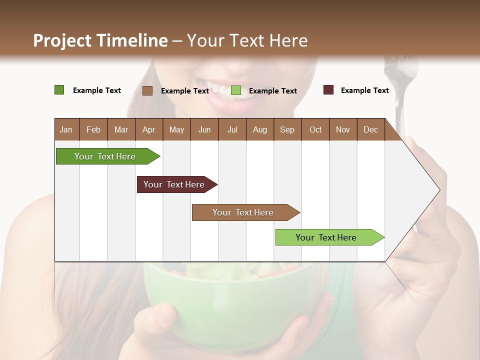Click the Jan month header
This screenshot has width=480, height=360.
pyautogui.click(x=66, y=129)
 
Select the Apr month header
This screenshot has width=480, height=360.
pyautogui.click(x=149, y=129)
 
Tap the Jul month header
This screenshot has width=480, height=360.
pyautogui.click(x=232, y=129)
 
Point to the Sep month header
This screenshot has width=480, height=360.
pyautogui.click(x=287, y=129)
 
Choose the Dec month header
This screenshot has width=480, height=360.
pyautogui.click(x=370, y=129)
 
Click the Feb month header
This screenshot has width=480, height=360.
pyautogui.click(x=93, y=129)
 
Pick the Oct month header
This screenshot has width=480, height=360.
pyautogui.click(x=315, y=129)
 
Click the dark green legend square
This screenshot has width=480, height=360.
pyautogui.click(x=59, y=90)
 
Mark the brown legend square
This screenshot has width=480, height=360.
pyautogui.click(x=147, y=90)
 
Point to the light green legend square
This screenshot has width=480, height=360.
pyautogui.click(x=236, y=90)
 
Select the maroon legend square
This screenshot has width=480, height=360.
pyautogui.click(x=328, y=90)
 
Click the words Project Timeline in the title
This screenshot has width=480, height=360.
pyautogui.click(x=100, y=40)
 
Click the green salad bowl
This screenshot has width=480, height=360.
pyautogui.click(x=235, y=300)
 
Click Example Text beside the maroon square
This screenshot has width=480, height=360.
pyautogui.click(x=364, y=90)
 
